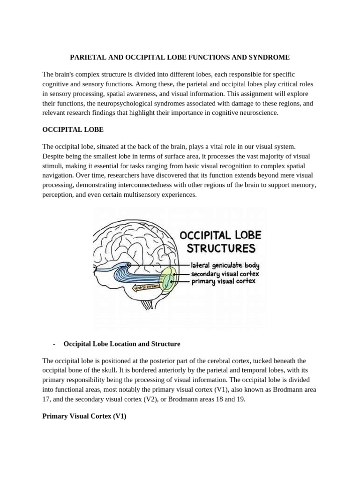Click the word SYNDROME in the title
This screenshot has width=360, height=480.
tap(269, 57)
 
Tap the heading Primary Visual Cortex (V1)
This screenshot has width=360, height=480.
tap(84, 416)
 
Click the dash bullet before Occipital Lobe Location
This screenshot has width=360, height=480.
tap(55, 344)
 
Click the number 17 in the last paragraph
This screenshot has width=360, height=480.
tap(46, 399)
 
